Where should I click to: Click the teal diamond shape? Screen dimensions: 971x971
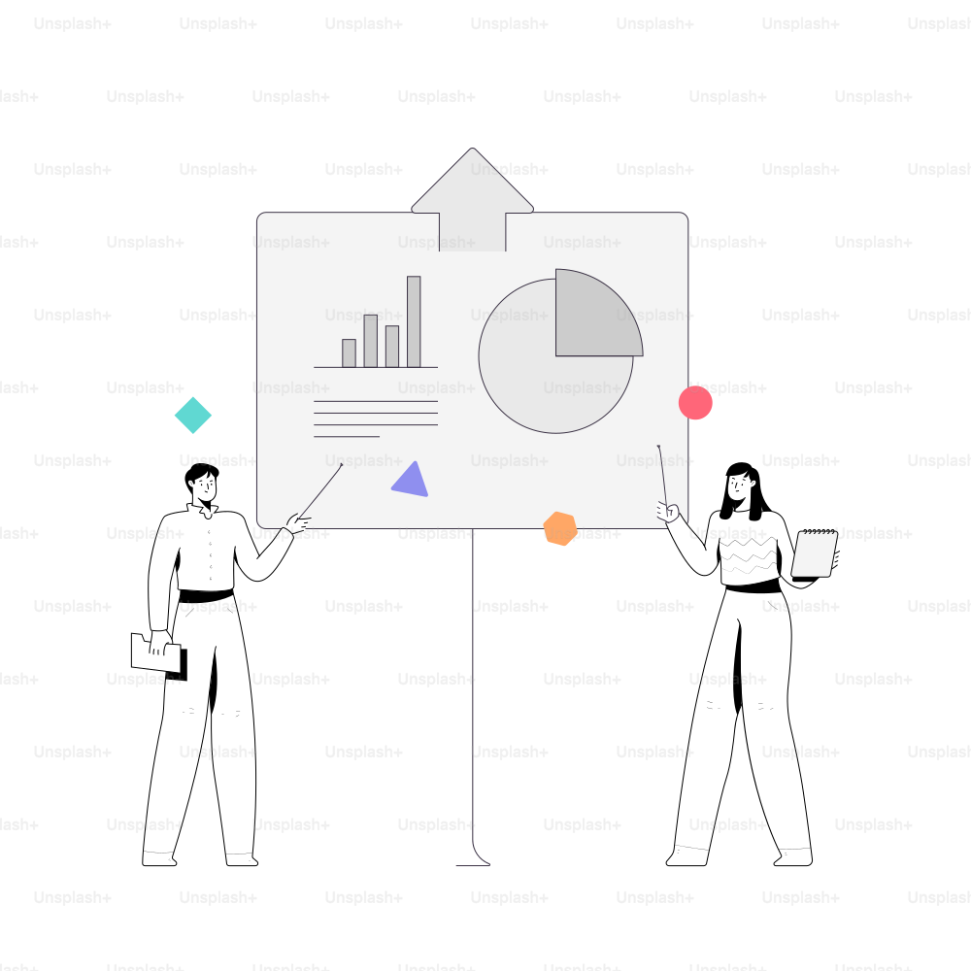(x=193, y=415)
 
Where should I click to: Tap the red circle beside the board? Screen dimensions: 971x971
(x=695, y=403)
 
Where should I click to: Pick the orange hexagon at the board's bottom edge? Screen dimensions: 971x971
(x=560, y=529)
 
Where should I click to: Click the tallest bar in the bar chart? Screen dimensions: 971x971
(x=414, y=322)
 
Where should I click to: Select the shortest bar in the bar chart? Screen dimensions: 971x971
(x=350, y=353)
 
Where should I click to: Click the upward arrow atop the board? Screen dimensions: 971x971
(x=473, y=199)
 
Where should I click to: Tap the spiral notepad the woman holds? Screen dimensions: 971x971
(x=815, y=553)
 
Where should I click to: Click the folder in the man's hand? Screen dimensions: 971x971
(x=158, y=655)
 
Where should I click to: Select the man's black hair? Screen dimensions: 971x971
(x=200, y=476)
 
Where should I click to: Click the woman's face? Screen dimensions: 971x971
(x=738, y=486)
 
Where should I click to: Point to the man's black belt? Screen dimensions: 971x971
(x=206, y=596)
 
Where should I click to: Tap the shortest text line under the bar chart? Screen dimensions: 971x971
(x=347, y=437)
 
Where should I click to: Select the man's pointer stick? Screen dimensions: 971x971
(x=320, y=491)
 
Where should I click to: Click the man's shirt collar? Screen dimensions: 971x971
(x=204, y=511)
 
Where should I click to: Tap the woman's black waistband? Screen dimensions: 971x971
(x=753, y=586)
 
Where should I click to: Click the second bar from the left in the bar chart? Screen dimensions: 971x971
(x=370, y=341)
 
